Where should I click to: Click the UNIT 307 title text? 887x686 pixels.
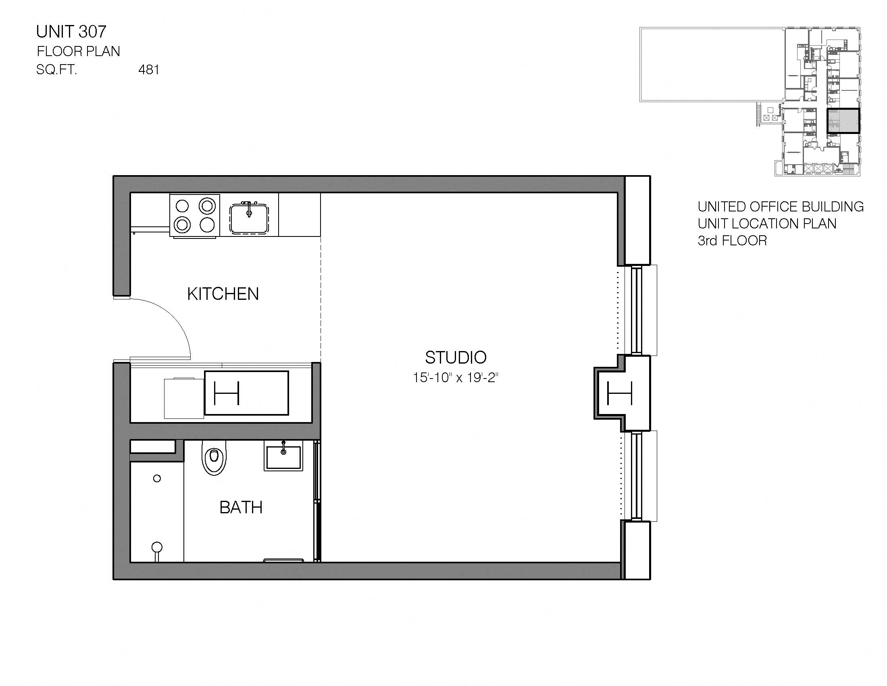(x=71, y=32)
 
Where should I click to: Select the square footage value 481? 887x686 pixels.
(x=149, y=70)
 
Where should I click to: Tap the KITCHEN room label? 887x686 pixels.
(x=223, y=294)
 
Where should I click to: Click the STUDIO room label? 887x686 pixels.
(x=456, y=358)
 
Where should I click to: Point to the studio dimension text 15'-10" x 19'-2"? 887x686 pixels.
(x=455, y=378)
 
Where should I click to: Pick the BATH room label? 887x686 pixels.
(x=241, y=507)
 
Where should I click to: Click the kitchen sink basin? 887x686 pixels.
(x=249, y=218)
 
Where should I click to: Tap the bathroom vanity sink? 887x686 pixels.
(x=283, y=456)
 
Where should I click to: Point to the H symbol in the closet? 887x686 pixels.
(x=227, y=393)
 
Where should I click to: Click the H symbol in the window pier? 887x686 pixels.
(x=619, y=393)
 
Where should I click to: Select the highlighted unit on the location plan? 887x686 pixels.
(x=843, y=121)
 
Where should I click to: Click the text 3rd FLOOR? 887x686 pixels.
(x=732, y=241)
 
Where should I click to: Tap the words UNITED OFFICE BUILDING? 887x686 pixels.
(x=780, y=207)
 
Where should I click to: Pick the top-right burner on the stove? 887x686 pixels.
(x=207, y=207)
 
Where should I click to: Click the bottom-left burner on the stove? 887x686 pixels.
(x=182, y=224)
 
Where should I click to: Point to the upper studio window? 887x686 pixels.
(x=636, y=310)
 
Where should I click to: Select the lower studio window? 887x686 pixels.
(x=636, y=476)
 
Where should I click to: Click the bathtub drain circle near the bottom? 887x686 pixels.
(x=157, y=547)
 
